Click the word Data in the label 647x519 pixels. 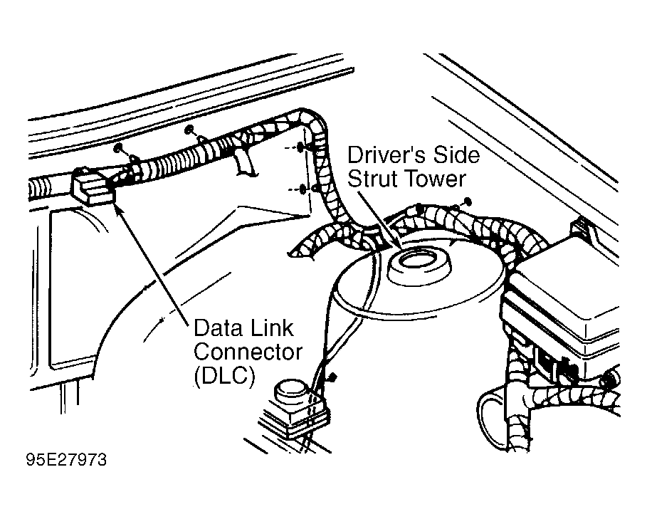[x=218, y=328]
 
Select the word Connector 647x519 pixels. [x=248, y=352]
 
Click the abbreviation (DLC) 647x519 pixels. [x=224, y=376]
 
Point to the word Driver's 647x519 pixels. [x=381, y=154]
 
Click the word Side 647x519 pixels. [x=451, y=154]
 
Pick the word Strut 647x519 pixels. [x=374, y=179]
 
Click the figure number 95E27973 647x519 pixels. [x=66, y=460]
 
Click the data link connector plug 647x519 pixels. [x=92, y=185]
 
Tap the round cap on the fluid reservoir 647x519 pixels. [x=292, y=391]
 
